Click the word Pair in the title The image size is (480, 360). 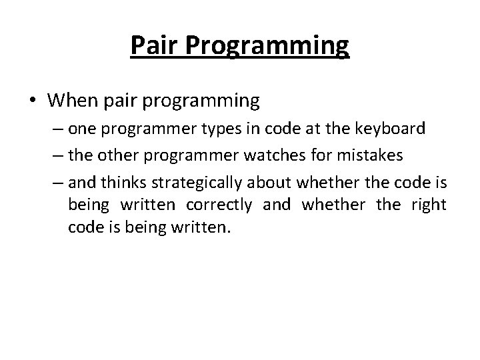coord(151,45)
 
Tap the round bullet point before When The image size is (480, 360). coord(33,101)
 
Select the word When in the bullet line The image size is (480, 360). coord(73,101)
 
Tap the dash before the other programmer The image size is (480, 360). coord(58,155)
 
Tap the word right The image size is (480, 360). coord(427,205)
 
